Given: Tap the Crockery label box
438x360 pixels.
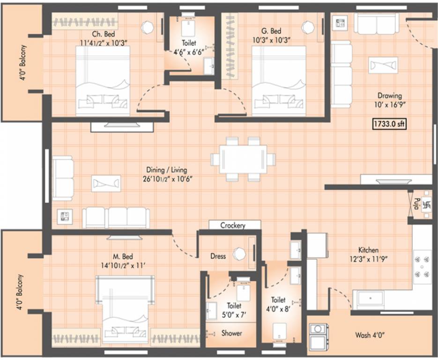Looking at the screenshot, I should click(233, 225).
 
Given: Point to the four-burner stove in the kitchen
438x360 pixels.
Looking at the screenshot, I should click(423, 265).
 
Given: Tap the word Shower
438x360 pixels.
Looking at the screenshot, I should click(232, 333).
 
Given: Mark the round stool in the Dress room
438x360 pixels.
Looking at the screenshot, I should click(240, 254).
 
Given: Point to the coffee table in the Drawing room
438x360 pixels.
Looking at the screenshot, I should click(383, 65).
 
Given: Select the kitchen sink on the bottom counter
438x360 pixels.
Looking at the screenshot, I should click(370, 298).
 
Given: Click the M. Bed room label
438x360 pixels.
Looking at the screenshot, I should click(123, 256).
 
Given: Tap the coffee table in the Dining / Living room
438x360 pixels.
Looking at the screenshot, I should click(106, 183).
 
